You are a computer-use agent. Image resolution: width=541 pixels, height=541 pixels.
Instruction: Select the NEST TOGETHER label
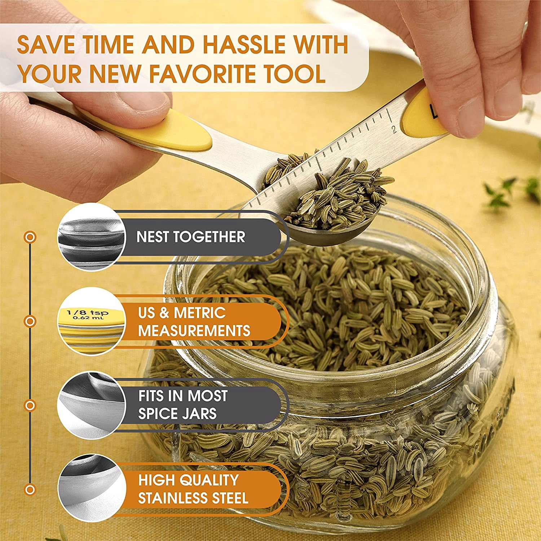(191, 237)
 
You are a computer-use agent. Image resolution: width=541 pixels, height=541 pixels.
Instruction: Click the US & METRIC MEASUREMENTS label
(194, 322)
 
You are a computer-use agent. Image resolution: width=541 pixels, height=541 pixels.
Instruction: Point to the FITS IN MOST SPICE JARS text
(183, 405)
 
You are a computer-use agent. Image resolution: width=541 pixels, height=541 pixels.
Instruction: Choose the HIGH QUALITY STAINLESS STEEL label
(193, 489)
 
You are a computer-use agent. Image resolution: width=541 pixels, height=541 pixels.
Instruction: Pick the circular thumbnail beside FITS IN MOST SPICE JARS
(91, 405)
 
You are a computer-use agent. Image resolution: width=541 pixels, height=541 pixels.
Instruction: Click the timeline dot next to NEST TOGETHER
(30, 237)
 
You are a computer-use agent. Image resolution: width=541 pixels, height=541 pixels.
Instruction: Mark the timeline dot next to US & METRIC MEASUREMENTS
(30, 321)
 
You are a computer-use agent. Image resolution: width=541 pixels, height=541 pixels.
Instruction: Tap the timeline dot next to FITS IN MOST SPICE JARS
(30, 405)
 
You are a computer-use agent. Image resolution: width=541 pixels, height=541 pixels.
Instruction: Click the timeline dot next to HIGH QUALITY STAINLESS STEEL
(30, 489)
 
